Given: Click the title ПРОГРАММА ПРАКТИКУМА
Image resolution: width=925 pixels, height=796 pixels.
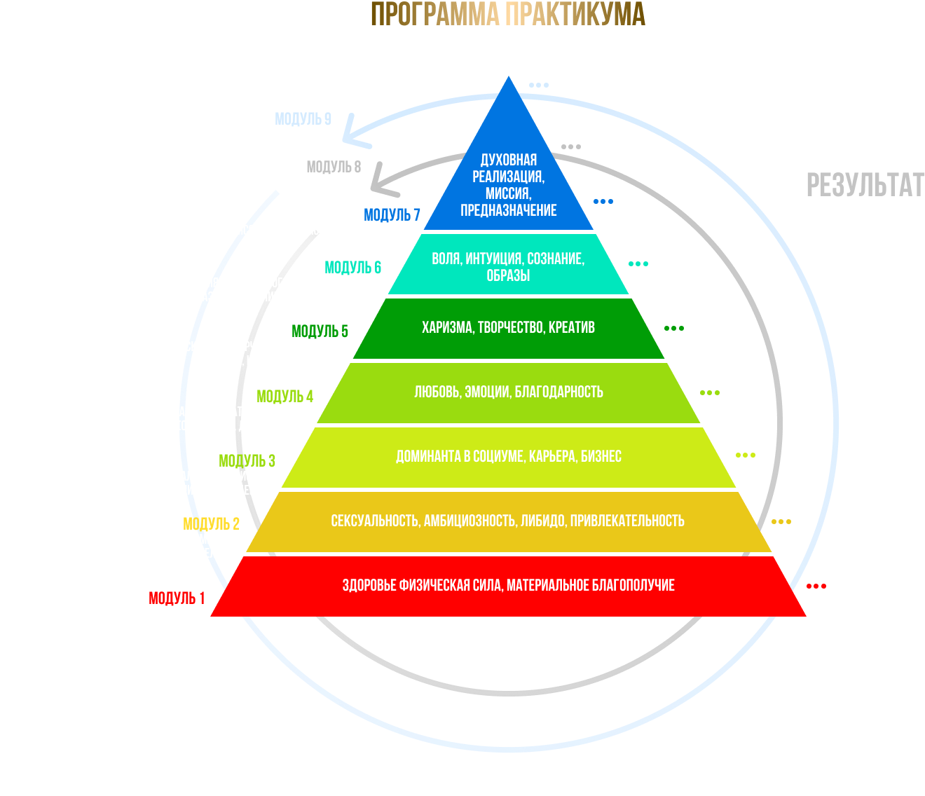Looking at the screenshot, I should tap(507, 15).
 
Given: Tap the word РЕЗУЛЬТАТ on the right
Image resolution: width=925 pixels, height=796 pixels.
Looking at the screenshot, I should tap(865, 186).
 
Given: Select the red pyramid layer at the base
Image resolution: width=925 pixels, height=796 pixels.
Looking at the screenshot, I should tap(508, 586).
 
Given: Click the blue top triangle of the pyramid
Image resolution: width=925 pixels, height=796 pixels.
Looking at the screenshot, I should tap(508, 175).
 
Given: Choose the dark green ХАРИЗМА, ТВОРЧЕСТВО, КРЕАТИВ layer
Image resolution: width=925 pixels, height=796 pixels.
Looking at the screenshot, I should tap(508, 328).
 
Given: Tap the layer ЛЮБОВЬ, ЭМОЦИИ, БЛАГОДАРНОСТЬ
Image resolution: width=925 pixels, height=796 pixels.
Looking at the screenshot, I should tap(508, 392).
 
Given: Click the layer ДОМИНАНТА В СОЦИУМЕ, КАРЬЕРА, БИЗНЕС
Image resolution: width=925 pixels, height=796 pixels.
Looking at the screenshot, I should tap(508, 457).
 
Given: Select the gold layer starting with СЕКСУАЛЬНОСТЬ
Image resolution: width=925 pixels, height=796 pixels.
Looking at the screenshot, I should tap(508, 521).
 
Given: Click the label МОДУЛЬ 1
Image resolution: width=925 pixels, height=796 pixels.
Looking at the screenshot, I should tap(177, 598).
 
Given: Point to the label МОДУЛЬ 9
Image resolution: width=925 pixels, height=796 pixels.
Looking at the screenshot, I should tap(303, 120).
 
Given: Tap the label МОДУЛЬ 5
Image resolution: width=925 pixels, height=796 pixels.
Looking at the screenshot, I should tap(320, 331).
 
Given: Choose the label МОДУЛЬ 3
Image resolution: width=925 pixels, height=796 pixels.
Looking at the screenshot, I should tap(247, 461).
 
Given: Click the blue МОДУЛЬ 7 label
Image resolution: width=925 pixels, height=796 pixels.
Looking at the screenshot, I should tap(392, 215).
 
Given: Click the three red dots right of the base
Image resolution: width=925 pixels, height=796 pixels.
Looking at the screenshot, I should tap(816, 586).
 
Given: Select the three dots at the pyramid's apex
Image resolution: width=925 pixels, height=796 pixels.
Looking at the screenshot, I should tap(539, 85).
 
